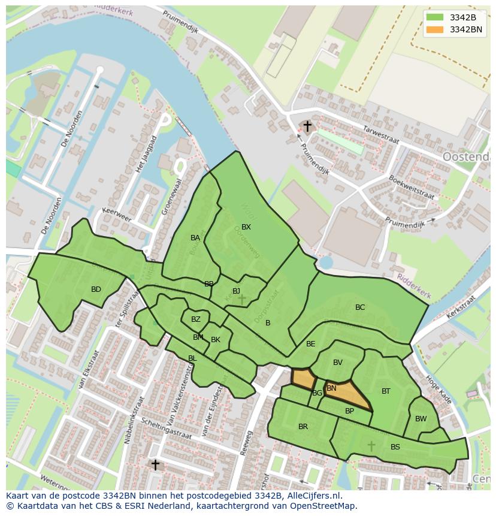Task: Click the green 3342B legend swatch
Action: [435, 17]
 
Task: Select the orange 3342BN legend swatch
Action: [435, 29]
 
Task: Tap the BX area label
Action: [246, 227]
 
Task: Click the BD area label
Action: [96, 289]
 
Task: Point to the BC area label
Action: [360, 307]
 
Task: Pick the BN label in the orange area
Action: [331, 388]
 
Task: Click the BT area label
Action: [386, 391]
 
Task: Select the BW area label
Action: [421, 419]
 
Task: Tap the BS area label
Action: [395, 447]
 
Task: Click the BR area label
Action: [303, 427]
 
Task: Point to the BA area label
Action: [195, 238]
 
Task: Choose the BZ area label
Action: [196, 319]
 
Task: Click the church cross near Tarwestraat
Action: [307, 126]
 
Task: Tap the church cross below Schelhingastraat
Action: [155, 464]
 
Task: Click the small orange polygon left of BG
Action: [303, 379]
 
